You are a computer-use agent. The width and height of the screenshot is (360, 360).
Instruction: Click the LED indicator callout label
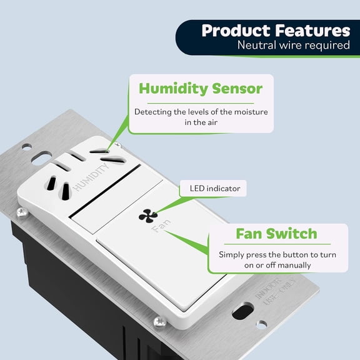pyautogui.click(x=210, y=187)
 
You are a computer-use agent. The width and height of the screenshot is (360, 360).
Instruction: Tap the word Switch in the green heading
pyautogui.click(x=294, y=234)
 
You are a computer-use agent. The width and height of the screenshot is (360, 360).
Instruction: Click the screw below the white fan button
pyautogui.click(x=160, y=321)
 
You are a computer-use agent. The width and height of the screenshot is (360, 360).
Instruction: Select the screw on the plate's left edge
pyautogui.click(x=22, y=213)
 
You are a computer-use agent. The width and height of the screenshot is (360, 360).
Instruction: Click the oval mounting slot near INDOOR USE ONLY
pyautogui.click(x=242, y=311)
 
